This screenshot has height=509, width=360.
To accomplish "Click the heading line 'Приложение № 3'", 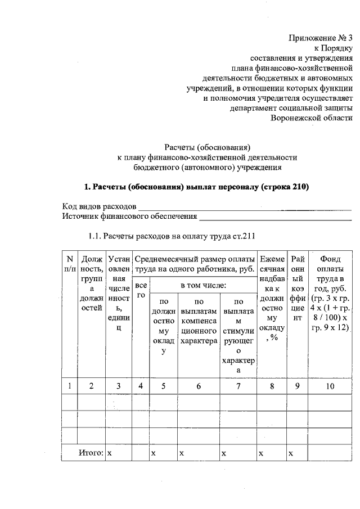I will click(321, 38).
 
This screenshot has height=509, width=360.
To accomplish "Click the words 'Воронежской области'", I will click(312, 118).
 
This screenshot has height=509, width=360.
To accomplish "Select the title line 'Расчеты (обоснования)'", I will click(206, 147).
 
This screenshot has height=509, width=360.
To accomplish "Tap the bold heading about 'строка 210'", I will click(196, 186).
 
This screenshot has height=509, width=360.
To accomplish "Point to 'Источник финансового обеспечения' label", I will click(129, 216).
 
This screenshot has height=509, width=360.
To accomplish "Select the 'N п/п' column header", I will click(70, 264).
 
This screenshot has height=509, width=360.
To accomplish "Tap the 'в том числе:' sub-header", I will click(203, 286).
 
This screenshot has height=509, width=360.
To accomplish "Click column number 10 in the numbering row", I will click(328, 386).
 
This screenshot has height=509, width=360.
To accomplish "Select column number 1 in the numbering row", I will click(70, 386).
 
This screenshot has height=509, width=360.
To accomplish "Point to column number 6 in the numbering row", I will click(199, 386).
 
